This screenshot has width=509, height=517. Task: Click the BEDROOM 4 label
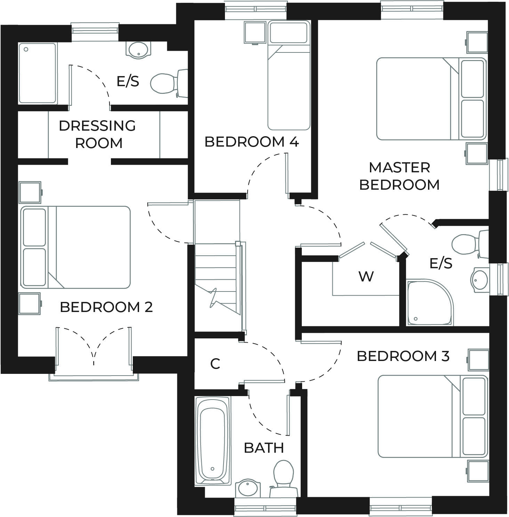tap(251, 142)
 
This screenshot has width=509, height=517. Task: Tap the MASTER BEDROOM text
tap(399, 176)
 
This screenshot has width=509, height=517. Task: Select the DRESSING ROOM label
tap(98, 134)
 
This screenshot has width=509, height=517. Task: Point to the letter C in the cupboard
tap(215, 364)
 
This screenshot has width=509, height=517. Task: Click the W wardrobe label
tap(366, 277)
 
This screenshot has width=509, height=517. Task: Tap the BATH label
tap(264, 448)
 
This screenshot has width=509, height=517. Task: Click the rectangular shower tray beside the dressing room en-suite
tap(38, 73)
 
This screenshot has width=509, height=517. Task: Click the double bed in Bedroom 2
tap(76, 247)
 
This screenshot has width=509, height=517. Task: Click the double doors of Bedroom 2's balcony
tap(94, 347)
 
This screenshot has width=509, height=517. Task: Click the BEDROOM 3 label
tap(403, 356)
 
